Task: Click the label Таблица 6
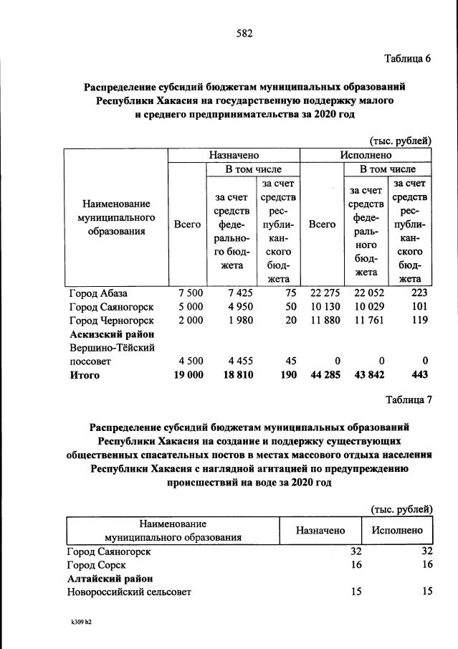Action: (x=406, y=59)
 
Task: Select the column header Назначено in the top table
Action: (x=234, y=154)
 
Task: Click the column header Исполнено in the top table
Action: (x=366, y=154)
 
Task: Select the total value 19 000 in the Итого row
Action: (x=188, y=374)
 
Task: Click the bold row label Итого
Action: (x=84, y=374)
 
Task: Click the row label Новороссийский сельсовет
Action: (x=129, y=592)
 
